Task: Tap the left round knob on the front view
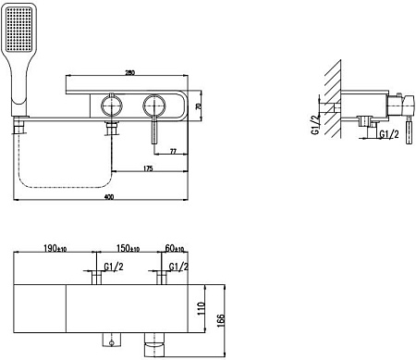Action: [x=112, y=104]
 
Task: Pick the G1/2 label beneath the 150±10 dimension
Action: [x=115, y=268]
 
